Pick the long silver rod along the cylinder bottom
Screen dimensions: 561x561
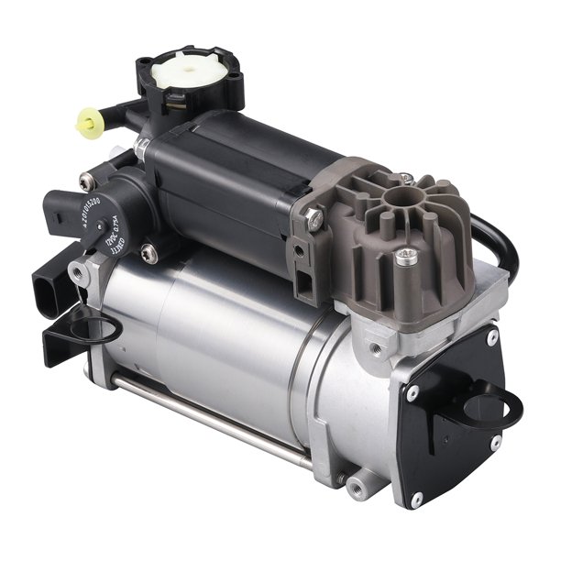pos(211,418)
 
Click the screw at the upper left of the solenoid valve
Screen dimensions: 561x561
pos(88,181)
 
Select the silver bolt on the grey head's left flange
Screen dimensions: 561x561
pos(313,219)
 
